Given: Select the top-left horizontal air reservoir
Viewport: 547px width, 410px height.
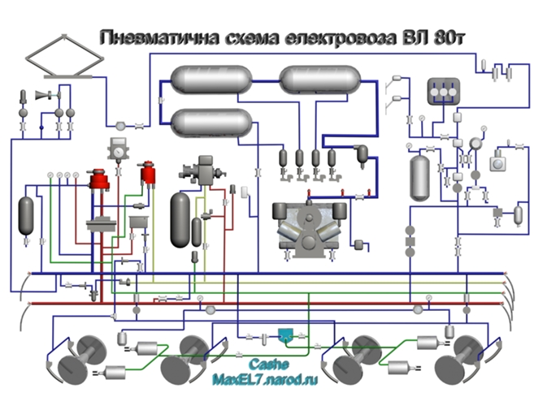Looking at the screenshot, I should pyautogui.click(x=208, y=80).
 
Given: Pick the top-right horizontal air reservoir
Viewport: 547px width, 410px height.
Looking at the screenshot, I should pyautogui.click(x=319, y=79).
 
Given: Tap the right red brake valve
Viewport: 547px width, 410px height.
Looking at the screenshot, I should pyautogui.click(x=147, y=173).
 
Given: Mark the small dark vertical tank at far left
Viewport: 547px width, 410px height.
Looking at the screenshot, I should pyautogui.click(x=28, y=212).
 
